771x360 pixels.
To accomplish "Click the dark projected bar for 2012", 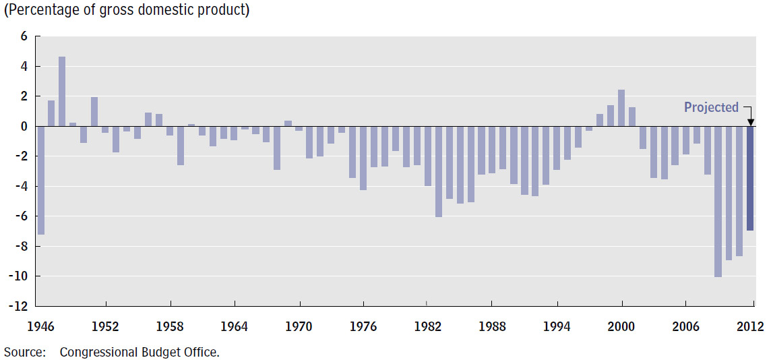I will [x=750, y=179].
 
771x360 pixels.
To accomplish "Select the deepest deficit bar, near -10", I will [x=718, y=202].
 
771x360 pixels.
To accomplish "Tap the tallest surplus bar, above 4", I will [x=62, y=91].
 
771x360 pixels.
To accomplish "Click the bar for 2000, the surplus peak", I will [x=621, y=108].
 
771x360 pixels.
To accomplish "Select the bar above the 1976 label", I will [x=363, y=158].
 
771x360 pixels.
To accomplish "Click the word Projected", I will [x=711, y=107].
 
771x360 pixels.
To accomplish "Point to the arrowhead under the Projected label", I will [x=750, y=122].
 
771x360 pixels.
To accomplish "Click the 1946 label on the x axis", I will [x=40, y=327].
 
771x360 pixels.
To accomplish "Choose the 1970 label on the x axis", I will [x=299, y=327].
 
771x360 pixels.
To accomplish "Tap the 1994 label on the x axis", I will [x=557, y=327].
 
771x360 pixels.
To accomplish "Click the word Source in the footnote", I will [x=24, y=351].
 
